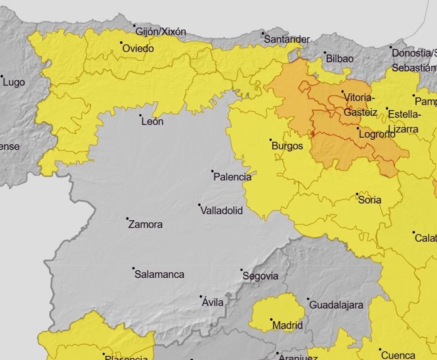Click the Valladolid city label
pos(221,211)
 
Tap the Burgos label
pos(287,146)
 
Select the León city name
pos(153,121)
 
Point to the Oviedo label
pos(137,48)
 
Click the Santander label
pos(286,39)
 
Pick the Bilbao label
pos(339,58)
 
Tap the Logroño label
pos(377,134)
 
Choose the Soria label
pos(370,200)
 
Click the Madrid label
pos(287,326)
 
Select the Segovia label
pos(260,276)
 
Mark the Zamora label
pos(145,224)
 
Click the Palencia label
pos(232,177)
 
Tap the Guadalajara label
pos(336,305)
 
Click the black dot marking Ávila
pos(201,296)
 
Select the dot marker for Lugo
pos(2,77)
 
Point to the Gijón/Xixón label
pos(161,31)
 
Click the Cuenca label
pos(398,354)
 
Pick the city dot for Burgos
pos(270,140)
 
